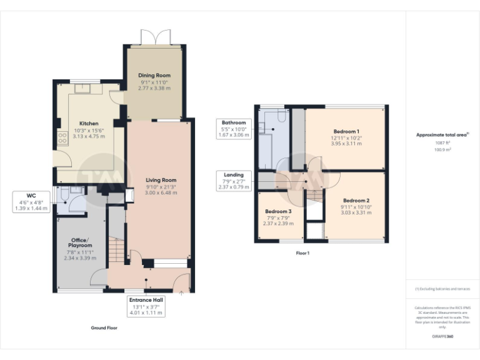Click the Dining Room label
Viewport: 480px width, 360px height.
(x=155, y=76)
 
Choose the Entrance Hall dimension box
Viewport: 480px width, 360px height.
(x=145, y=306)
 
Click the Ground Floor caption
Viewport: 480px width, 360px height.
(x=104, y=327)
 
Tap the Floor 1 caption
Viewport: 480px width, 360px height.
(x=302, y=253)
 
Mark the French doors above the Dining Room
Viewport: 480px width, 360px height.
(x=155, y=37)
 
